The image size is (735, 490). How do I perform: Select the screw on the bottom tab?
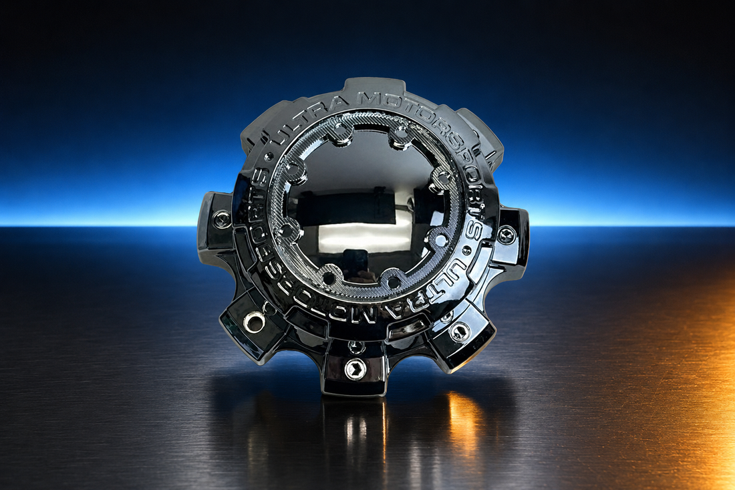pyautogui.click(x=354, y=368)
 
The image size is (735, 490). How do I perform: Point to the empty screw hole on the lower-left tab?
pyautogui.click(x=252, y=321)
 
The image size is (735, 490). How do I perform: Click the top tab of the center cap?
pyautogui.click(x=375, y=88)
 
